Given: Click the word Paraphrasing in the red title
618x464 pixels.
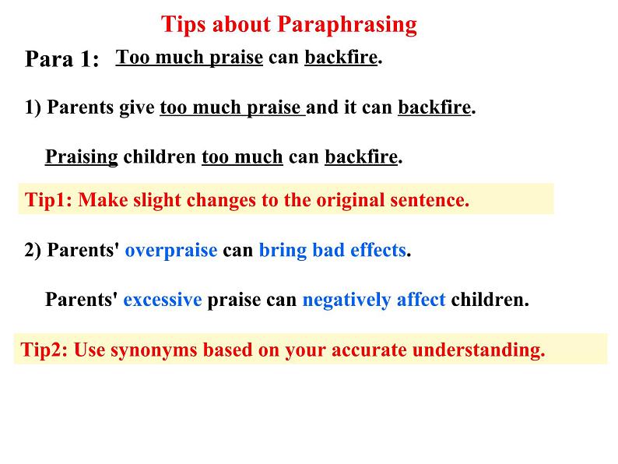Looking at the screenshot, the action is click(x=347, y=25).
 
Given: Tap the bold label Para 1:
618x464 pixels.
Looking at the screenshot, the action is click(x=62, y=59).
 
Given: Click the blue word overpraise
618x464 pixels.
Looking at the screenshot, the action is click(x=171, y=251).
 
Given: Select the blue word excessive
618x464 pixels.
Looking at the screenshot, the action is click(x=163, y=300).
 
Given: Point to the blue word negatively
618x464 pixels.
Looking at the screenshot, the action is click(x=346, y=300).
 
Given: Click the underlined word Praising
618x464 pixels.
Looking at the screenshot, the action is click(x=82, y=157).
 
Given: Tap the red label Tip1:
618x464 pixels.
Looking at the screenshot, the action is click(x=48, y=200).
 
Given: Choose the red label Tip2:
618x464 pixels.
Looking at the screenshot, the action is click(x=44, y=350).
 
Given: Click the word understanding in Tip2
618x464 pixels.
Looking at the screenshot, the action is click(x=479, y=350).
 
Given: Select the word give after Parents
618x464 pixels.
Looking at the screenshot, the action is click(x=137, y=107).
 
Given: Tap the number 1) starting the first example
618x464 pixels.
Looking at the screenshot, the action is click(x=33, y=107).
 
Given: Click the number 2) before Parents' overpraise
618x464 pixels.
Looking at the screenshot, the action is click(x=33, y=250).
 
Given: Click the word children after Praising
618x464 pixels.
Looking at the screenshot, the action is click(x=160, y=157).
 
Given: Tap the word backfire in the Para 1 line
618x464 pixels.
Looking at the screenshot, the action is click(x=341, y=57).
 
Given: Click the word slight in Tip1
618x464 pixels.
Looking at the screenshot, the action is click(x=157, y=200).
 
